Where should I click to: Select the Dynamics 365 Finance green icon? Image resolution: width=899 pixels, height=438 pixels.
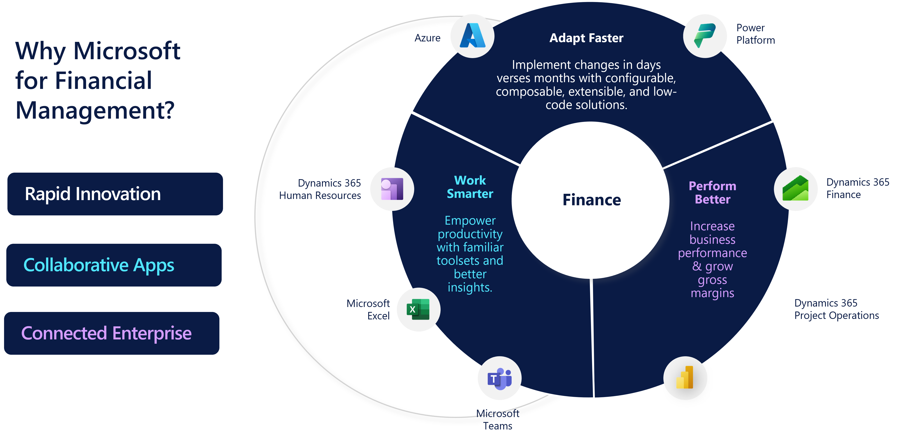(795, 189)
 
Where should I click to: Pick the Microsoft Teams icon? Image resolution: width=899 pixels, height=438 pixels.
(499, 378)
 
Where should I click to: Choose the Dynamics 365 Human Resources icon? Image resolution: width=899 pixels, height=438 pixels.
(392, 189)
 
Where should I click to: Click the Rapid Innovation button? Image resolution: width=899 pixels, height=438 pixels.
(115, 194)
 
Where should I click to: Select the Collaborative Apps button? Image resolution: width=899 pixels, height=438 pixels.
(114, 265)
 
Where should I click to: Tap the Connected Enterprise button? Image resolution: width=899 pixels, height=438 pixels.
(112, 333)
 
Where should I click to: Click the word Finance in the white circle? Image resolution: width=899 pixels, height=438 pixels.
(591, 200)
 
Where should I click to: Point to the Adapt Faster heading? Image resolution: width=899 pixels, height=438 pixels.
(586, 38)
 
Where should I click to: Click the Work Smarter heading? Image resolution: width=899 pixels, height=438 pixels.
(470, 187)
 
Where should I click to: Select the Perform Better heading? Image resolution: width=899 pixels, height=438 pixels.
(712, 192)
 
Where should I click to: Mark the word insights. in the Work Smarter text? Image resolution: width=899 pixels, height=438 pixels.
(470, 287)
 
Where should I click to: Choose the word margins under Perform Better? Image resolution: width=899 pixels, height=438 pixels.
(712, 293)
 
